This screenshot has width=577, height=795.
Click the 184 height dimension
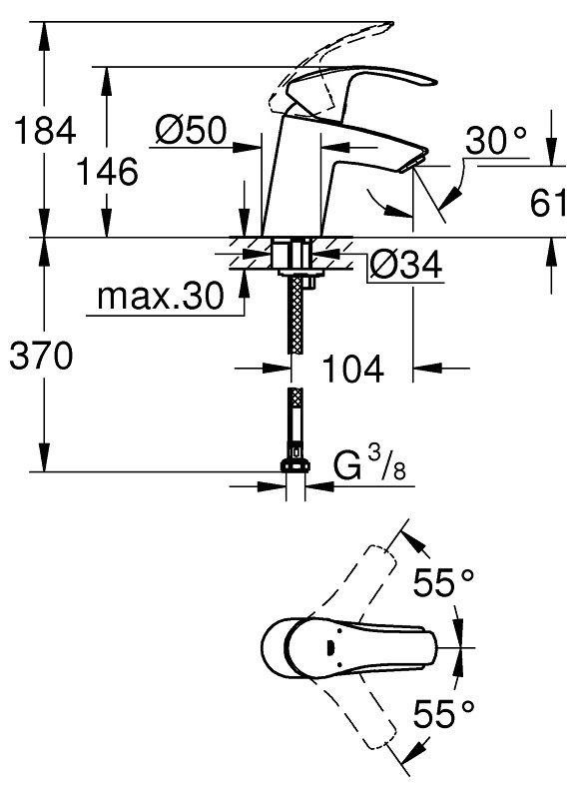pos(45,130)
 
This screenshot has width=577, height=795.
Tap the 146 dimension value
pos(107,172)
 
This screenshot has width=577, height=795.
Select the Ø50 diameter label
pos(191,130)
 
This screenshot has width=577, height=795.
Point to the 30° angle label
pos(496,140)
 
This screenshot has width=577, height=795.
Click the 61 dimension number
pos(549,203)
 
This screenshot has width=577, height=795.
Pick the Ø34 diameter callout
pos(405,265)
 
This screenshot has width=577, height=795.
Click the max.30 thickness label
pos(160,296)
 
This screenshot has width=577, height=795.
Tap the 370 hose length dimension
pos(42,356)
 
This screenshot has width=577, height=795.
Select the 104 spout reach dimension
pos(353,369)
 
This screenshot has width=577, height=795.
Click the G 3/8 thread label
pos(370,464)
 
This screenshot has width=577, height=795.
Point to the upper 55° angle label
pos(444,582)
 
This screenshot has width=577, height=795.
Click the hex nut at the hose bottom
pos(295,465)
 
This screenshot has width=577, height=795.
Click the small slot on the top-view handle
pos(330,647)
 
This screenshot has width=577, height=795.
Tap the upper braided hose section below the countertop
pos(294,316)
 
